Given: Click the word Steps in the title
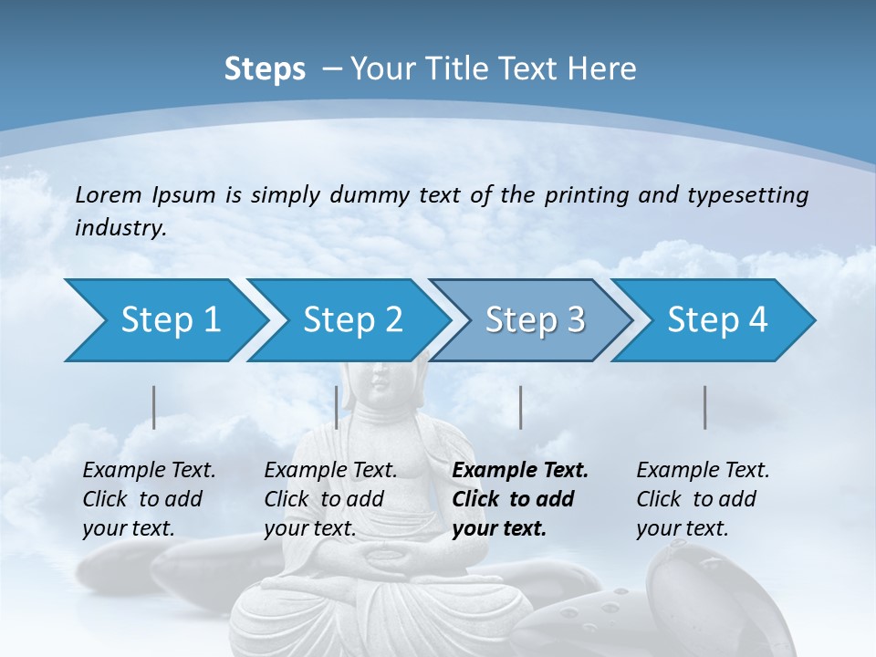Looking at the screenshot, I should [265, 69].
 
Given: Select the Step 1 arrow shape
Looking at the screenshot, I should [164, 320].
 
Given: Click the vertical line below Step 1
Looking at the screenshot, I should [153, 407].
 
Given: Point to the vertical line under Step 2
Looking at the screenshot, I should [337, 407].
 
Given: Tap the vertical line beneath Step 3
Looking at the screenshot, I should [520, 407].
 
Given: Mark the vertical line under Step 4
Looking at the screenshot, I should [704, 407].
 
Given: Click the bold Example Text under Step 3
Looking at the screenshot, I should [520, 499].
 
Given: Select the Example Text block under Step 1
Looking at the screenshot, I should [149, 499].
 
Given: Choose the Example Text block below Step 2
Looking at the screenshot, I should [330, 499].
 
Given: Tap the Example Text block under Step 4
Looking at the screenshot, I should [703, 499].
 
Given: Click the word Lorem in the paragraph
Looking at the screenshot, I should [108, 194].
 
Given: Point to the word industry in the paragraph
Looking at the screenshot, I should [120, 227].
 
